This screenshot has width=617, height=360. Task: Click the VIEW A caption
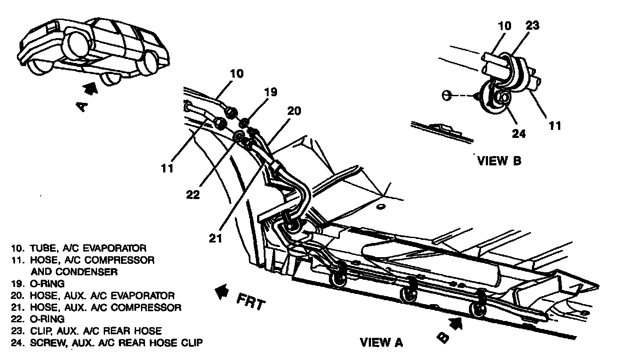(x=381, y=342)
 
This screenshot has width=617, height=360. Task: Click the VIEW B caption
(x=499, y=160)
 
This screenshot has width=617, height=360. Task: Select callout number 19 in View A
(x=271, y=92)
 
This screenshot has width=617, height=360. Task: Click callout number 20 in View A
(x=293, y=111)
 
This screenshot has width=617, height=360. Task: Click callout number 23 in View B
(x=532, y=25)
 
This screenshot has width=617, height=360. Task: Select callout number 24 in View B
(x=519, y=133)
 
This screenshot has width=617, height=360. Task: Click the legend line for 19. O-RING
(x=40, y=283)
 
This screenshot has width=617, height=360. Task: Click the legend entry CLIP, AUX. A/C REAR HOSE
(x=89, y=331)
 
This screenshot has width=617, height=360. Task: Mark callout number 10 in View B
(x=504, y=26)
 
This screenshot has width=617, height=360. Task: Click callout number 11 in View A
(x=167, y=168)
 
